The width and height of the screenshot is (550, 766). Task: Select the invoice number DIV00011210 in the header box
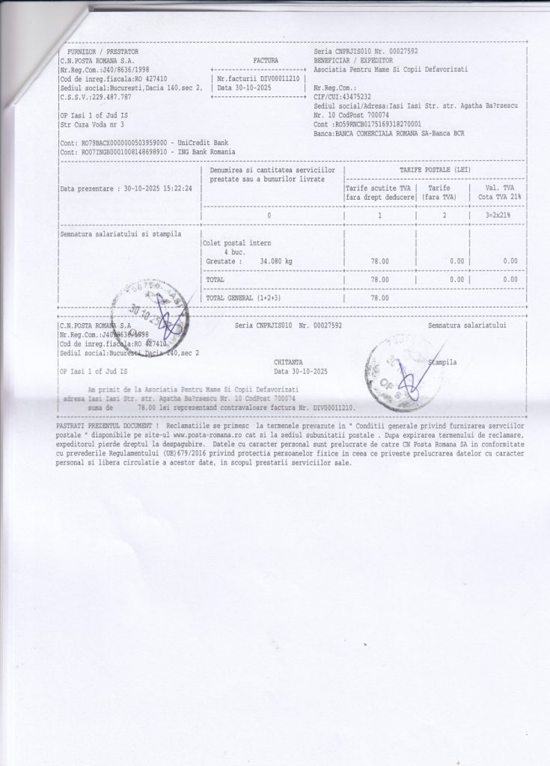click(x=276, y=77)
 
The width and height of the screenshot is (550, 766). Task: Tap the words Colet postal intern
click(x=237, y=242)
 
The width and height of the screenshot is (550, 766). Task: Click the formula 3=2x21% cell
click(x=501, y=215)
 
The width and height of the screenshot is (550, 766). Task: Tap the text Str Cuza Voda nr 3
click(x=91, y=126)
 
